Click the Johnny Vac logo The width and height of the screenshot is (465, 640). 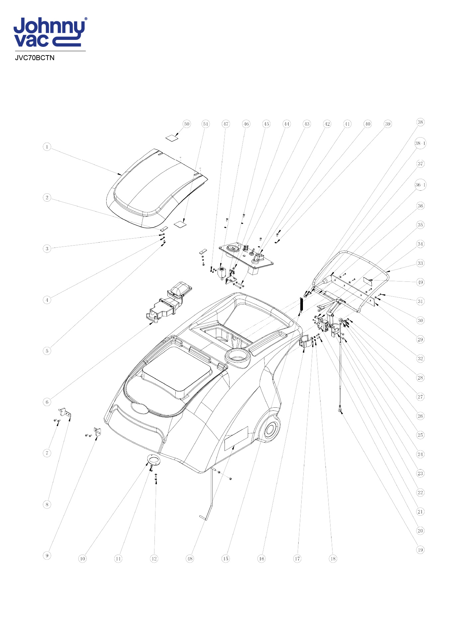pos(50,32)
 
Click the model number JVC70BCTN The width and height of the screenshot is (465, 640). pos(35,58)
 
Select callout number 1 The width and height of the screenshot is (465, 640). pos(47,147)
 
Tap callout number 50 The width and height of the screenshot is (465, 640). pos(187,124)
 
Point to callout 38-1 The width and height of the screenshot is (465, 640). pos(420,143)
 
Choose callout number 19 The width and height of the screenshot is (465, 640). pos(420,550)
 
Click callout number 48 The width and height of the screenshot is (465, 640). pos(190,559)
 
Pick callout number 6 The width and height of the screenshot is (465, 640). pos(47,402)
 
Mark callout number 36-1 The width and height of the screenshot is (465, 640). pos(420,185)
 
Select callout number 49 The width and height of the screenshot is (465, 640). pos(420,282)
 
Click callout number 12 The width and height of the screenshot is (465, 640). pos(154,559)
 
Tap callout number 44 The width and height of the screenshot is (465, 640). pos(286,124)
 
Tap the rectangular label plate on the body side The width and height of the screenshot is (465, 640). pos(236,439)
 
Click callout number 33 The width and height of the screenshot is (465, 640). pos(420,263)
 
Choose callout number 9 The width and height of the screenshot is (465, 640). pos(47,555)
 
